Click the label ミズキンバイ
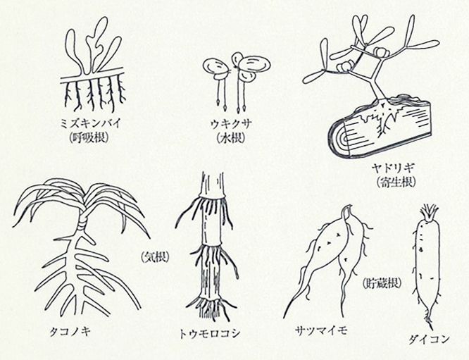tap(90, 123)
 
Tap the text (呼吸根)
tap(88, 137)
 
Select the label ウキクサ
tap(232, 123)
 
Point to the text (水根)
tap(230, 137)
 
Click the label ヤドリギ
tap(392, 168)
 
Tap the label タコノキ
tap(70, 332)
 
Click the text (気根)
tap(155, 256)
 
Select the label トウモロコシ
tap(209, 333)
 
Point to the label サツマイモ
tap(320, 331)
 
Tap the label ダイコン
tap(430, 339)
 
